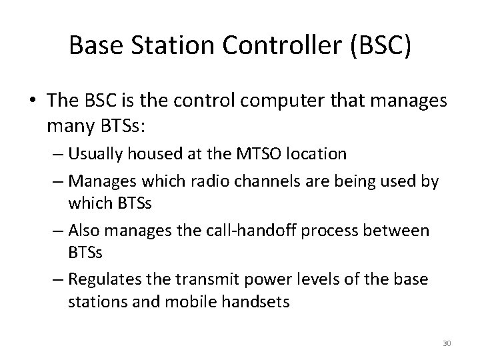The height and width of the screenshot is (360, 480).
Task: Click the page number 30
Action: (447, 343)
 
